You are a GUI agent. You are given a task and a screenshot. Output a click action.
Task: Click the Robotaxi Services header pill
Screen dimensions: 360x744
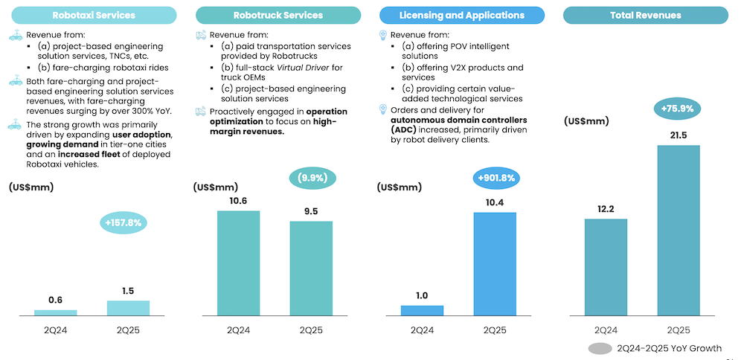[93, 15]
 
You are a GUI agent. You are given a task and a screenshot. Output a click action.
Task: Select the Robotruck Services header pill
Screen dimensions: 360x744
[278, 15]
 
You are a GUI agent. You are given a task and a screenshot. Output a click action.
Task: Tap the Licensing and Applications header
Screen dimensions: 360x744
[462, 15]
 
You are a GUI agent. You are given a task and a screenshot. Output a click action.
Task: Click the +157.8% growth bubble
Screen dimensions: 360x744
[124, 222]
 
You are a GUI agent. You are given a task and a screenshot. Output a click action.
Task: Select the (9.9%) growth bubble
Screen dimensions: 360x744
[312, 179]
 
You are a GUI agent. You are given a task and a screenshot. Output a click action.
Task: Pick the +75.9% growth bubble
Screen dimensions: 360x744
[678, 108]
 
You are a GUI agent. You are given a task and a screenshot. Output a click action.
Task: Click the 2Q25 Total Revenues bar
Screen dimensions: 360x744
[678, 230]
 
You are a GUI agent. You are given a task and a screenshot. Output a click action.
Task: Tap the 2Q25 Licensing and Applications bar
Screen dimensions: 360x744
[494, 263]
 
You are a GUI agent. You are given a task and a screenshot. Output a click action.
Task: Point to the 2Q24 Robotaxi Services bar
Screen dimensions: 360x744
[55, 312]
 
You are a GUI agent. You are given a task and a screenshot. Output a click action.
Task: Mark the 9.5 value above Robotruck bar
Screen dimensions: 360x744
[311, 211]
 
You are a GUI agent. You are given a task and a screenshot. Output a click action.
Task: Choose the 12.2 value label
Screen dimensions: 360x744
[606, 209]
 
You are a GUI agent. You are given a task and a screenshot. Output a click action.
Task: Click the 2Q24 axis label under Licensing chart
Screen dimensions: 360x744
[422, 330]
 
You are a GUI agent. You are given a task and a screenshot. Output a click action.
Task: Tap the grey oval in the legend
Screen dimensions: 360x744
[600, 348]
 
